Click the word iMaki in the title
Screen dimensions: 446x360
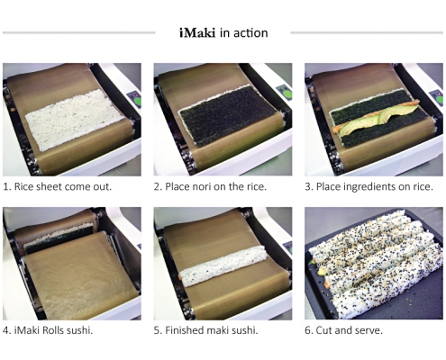tap(197, 32)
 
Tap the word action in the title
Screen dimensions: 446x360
tap(250, 32)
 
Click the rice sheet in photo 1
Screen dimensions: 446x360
tap(75, 119)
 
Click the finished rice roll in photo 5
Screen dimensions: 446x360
tap(223, 265)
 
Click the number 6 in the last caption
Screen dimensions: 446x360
tap(308, 330)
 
